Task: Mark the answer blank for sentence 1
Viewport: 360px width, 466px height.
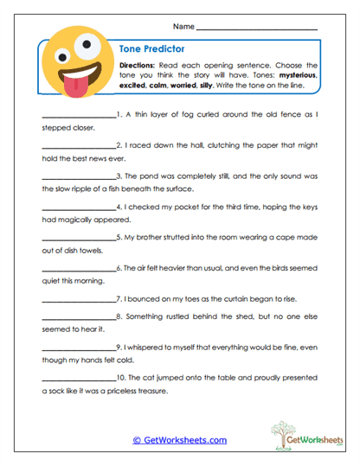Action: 78,114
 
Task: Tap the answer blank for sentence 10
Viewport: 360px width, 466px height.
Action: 78,378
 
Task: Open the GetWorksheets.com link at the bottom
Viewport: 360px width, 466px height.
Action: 179,440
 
